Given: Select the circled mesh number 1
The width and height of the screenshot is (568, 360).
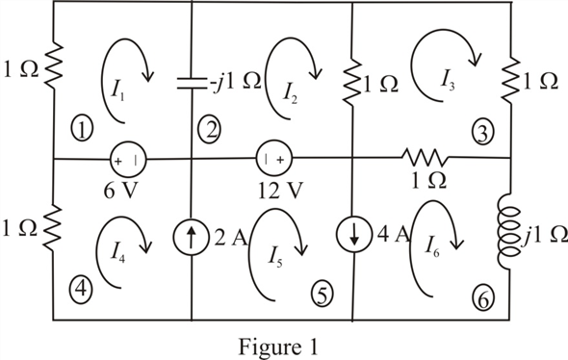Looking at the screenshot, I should point(84,126).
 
